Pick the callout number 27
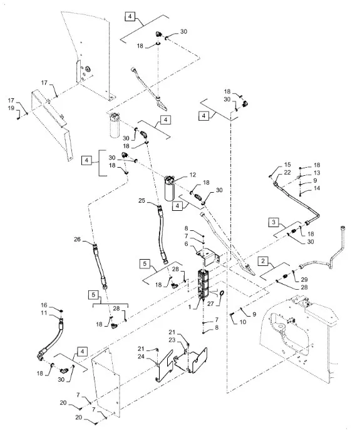pos(186,244)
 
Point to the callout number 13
pos(317,172)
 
